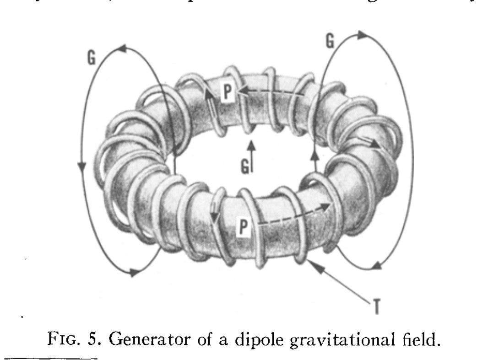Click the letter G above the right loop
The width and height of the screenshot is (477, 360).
[x=330, y=41]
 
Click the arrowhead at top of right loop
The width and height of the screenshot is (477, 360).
[x=362, y=34]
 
